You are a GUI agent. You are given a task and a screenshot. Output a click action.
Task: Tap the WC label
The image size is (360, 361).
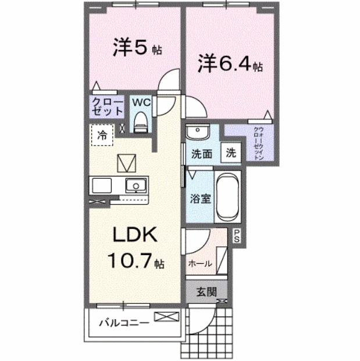141,102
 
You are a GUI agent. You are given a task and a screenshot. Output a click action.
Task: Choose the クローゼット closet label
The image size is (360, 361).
108,107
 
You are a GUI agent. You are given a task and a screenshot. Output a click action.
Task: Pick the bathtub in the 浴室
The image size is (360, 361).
228,196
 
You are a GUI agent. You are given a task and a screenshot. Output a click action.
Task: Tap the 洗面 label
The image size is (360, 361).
201,154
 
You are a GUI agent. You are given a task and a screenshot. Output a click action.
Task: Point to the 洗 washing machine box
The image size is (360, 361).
231,154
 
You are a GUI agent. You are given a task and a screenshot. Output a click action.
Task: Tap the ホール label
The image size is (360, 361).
199,263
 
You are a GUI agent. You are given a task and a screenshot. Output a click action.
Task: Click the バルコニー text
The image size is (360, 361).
123,321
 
